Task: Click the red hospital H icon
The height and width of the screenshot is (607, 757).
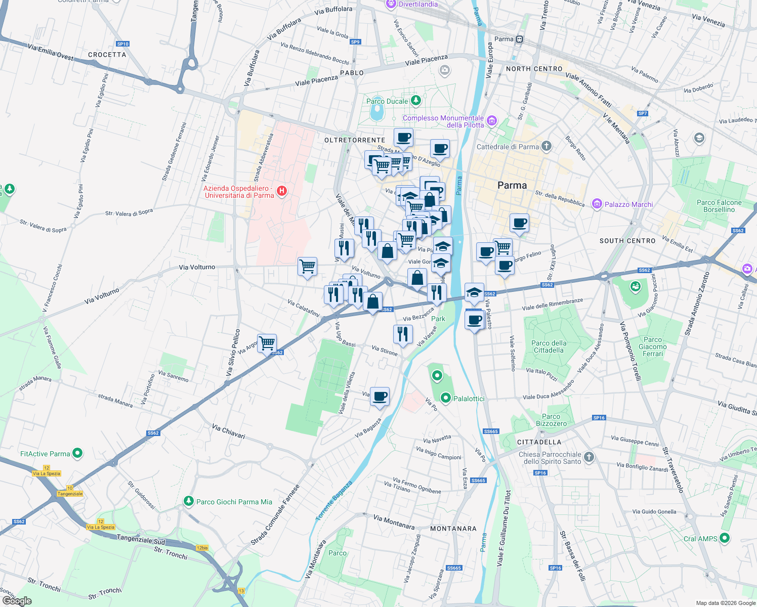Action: coord(282,191)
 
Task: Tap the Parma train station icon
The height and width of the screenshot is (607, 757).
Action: coord(520,39)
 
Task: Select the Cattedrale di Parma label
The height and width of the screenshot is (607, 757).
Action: coord(508,147)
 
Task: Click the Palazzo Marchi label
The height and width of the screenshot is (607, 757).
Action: coord(628,204)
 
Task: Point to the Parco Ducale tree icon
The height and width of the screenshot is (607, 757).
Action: coord(415,101)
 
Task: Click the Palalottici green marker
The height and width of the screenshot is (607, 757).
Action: coord(446,398)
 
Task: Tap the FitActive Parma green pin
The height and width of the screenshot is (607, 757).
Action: coord(77,453)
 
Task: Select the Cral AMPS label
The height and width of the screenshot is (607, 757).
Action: coord(700,539)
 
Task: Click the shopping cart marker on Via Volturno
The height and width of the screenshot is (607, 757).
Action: coord(307,266)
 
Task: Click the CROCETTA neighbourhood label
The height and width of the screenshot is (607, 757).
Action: coord(107,55)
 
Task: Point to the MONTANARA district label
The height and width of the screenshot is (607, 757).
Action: coord(453,529)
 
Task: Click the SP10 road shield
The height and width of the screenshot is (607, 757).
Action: coord(122,44)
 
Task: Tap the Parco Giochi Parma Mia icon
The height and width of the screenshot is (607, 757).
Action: coord(189,501)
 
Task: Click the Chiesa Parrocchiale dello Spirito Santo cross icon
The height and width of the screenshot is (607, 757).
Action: coord(588,457)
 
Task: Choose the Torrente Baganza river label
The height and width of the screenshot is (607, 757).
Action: coord(334,501)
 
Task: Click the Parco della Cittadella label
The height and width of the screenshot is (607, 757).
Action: coord(549,346)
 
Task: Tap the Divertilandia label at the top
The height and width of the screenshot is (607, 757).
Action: coord(418,4)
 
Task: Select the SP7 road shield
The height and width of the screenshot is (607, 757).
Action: coord(642,113)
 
